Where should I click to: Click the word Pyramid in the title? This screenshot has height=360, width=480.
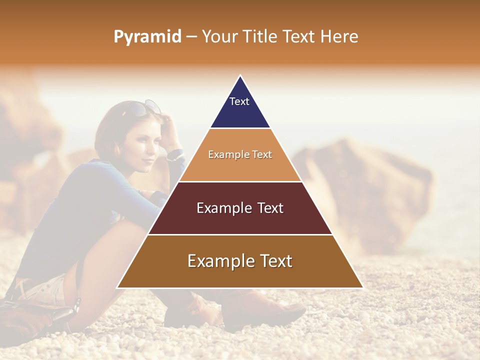point(147,37)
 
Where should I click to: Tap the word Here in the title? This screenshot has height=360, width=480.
point(339,36)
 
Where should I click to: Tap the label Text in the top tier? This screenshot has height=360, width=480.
point(239,101)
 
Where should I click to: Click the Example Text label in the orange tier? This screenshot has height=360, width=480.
point(240,154)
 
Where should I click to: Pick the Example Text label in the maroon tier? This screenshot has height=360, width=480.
point(240,208)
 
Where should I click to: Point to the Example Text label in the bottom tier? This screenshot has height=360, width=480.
point(240,261)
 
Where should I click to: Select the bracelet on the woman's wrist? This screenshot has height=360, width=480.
point(175,154)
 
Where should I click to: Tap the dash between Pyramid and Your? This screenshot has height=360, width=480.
point(191,37)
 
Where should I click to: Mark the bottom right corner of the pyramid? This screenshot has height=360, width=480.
point(362,287)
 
